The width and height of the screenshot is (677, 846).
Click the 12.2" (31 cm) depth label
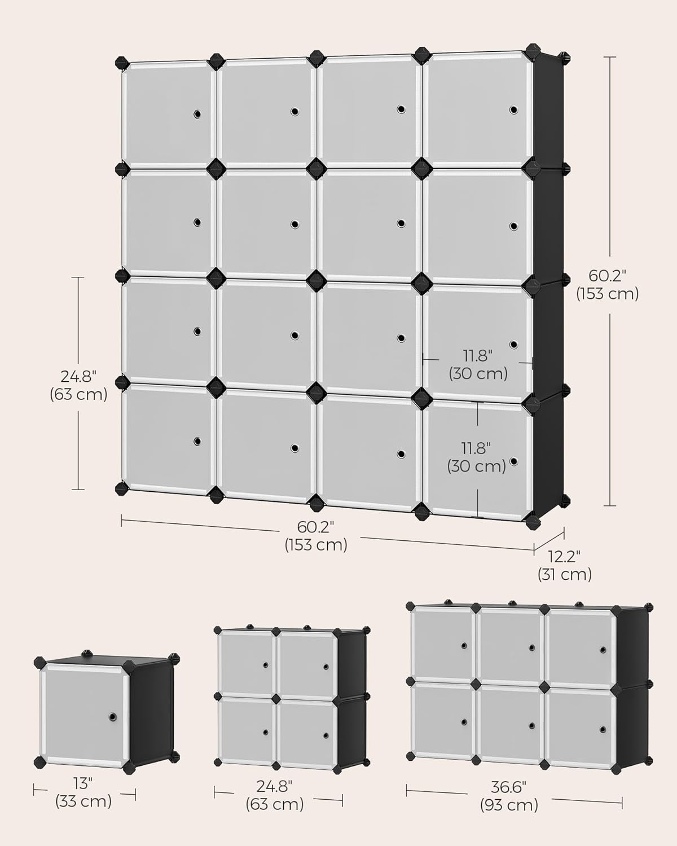(564, 565)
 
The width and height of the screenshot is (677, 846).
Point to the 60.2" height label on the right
(607, 284)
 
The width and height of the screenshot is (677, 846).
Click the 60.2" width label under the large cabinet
(316, 536)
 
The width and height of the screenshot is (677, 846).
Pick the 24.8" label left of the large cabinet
(78, 385)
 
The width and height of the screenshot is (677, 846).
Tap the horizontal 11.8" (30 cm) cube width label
(478, 364)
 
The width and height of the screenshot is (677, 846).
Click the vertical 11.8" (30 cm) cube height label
(477, 457)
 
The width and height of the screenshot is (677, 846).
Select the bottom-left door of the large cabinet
(168, 439)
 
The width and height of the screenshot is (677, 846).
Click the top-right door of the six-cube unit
(581, 643)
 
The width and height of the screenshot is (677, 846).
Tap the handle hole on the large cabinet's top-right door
(513, 109)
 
